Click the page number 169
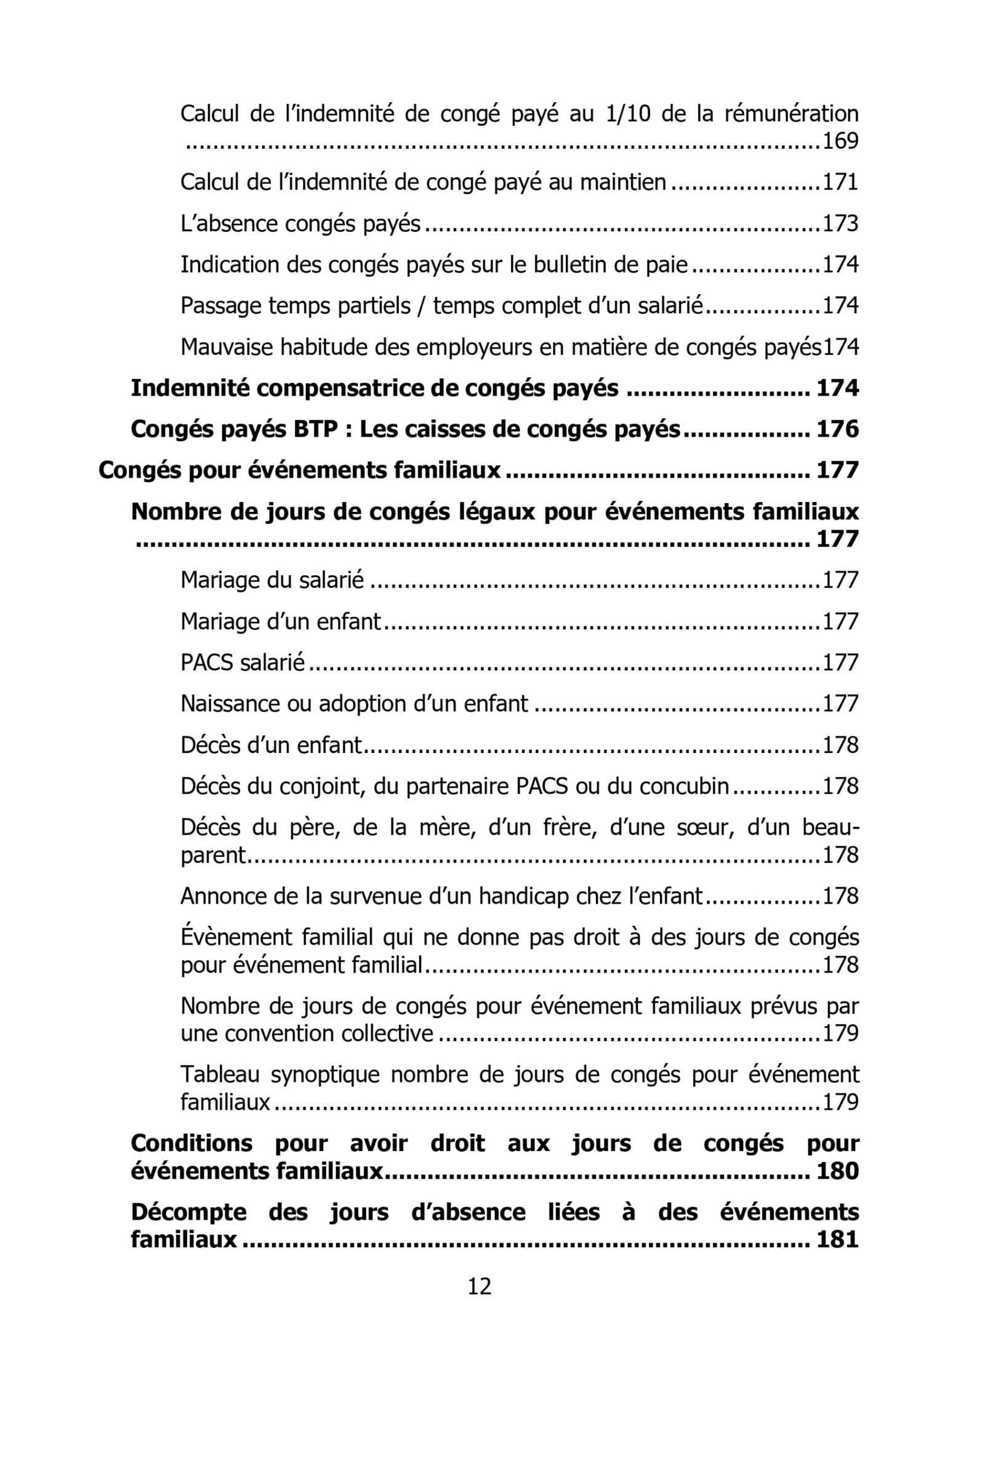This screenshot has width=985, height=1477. tap(840, 141)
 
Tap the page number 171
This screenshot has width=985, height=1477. tap(840, 182)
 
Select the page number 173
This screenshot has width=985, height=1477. tap(840, 223)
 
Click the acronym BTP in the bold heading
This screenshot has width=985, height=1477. tap(317, 429)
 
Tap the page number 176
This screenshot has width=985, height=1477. tap(837, 429)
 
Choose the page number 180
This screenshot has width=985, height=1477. tap(837, 1171)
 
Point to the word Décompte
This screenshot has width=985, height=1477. tap(188, 1212)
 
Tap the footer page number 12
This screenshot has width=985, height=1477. tap(480, 1286)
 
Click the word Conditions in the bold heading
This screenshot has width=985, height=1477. tap(191, 1144)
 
